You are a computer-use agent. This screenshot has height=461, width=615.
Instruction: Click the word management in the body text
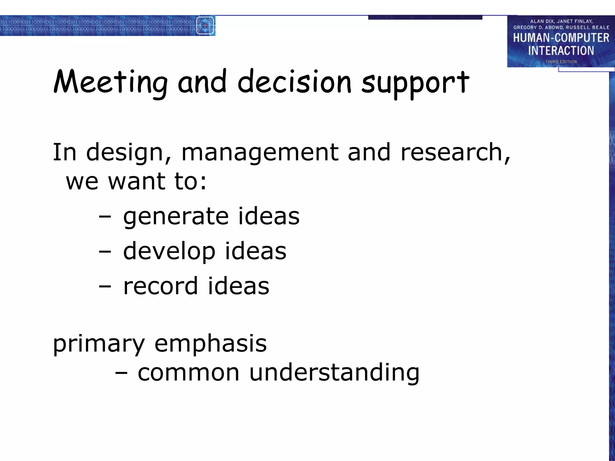click(260, 152)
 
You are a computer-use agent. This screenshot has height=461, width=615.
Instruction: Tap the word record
click(161, 286)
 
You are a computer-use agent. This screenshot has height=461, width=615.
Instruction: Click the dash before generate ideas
click(105, 217)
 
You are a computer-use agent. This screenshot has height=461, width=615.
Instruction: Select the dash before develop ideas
click(105, 252)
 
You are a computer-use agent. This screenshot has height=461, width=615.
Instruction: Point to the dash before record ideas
click(105, 286)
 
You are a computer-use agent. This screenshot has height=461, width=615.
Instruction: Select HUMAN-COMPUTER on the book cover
click(561, 38)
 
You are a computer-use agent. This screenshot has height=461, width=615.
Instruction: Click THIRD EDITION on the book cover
click(561, 62)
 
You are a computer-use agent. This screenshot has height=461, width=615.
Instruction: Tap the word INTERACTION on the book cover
click(561, 50)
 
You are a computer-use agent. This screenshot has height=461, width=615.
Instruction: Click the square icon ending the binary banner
click(205, 26)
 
